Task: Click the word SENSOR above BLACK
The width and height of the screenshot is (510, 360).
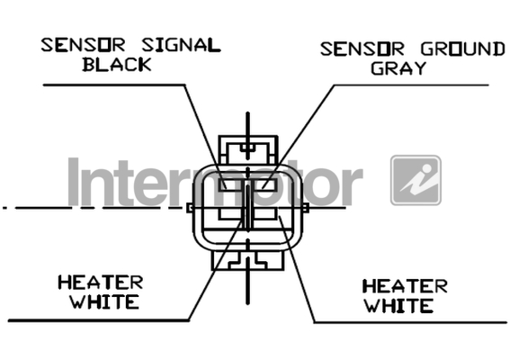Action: click(83, 45)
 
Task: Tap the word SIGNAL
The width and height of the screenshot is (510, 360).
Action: click(181, 45)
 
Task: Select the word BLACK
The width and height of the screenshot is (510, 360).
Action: click(117, 64)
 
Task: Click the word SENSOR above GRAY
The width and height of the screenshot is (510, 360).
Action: click(362, 49)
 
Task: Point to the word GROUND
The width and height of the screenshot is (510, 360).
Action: click(463, 49)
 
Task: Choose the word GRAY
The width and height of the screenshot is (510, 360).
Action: click(398, 68)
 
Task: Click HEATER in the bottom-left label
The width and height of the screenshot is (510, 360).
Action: click(101, 283)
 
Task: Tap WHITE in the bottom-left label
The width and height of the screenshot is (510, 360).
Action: click(104, 301)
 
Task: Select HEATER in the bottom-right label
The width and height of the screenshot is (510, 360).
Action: click(405, 286)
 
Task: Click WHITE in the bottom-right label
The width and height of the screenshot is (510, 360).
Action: click(398, 306)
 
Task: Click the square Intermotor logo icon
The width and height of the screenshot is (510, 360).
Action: click(416, 180)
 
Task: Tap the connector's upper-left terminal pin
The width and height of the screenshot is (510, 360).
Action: click(230, 184)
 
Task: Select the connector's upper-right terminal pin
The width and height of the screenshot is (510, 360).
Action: click(265, 184)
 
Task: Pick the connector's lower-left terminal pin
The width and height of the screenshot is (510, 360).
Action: click(230, 213)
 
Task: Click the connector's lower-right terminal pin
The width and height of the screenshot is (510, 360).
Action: click(265, 213)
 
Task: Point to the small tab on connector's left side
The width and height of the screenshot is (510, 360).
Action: click(190, 208)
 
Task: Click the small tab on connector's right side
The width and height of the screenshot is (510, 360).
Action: click(306, 208)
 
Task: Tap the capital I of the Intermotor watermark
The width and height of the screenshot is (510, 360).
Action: click(74, 182)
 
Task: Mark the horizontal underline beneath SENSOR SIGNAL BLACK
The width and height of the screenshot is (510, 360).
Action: click(114, 85)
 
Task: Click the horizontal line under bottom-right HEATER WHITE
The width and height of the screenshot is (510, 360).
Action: click(410, 322)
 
